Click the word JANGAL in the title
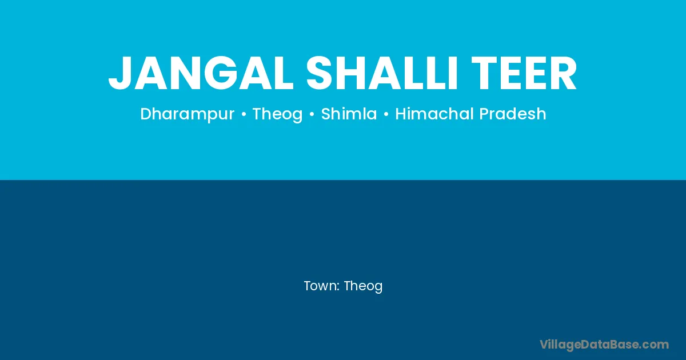(201, 73)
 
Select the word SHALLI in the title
(382, 73)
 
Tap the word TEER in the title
(524, 73)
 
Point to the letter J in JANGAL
(121, 74)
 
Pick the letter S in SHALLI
(320, 73)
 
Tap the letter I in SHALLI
(453, 73)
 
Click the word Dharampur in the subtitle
(187, 114)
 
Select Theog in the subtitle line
(277, 114)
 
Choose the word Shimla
(349, 114)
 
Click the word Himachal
(434, 114)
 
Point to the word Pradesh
(513, 114)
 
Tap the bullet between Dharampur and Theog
(244, 114)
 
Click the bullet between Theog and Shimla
(312, 114)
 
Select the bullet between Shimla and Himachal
(386, 114)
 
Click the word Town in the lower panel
(320, 286)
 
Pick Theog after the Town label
(363, 286)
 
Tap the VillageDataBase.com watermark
(604, 345)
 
